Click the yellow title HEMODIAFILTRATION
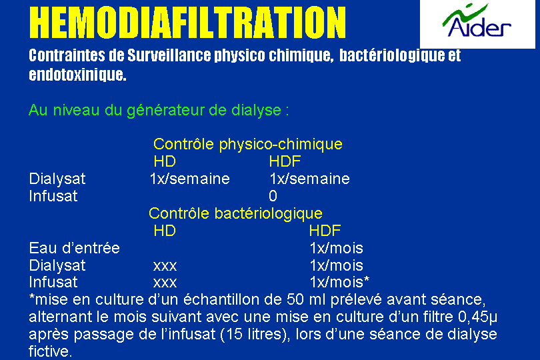(187, 23)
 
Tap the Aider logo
(477, 21)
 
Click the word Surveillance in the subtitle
(169, 55)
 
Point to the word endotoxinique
(77, 75)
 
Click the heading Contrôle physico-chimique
(248, 144)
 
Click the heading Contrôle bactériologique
(235, 213)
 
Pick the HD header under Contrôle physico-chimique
(165, 161)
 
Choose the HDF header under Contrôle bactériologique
(325, 231)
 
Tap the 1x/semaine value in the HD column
(190, 179)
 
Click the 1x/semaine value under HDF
(309, 179)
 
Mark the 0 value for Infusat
(273, 196)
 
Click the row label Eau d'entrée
(75, 248)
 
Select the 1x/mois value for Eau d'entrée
(337, 248)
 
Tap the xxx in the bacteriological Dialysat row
(165, 266)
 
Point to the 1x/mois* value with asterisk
(339, 282)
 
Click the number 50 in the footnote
(295, 299)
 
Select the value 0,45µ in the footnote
(477, 317)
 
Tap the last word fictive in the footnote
(50, 351)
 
